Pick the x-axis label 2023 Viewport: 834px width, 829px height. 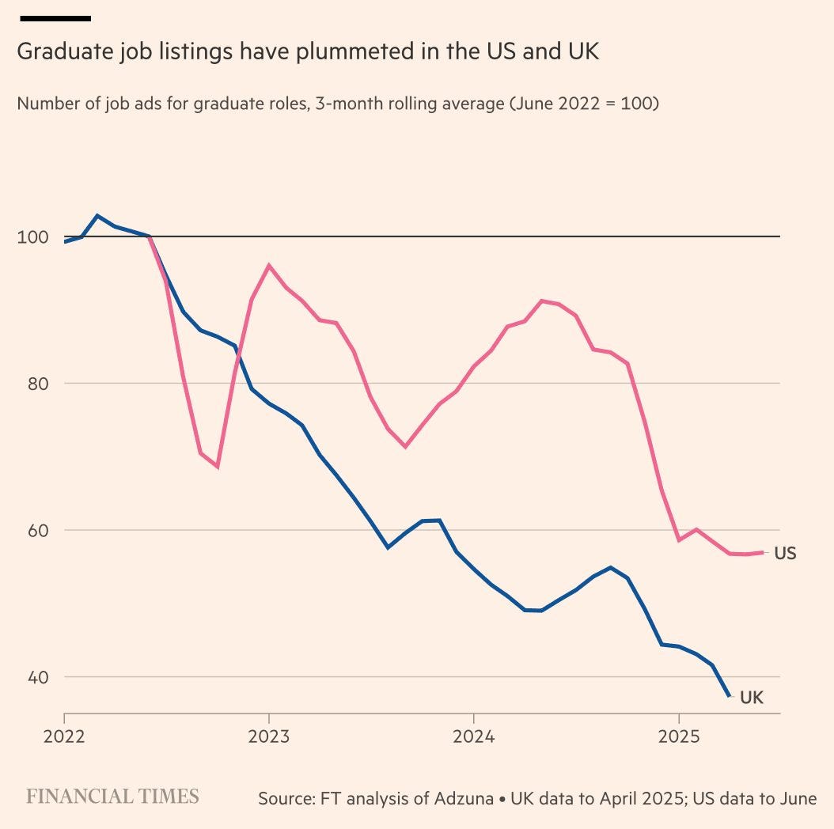pyautogui.click(x=269, y=736)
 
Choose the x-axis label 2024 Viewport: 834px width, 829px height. pyautogui.click(x=473, y=736)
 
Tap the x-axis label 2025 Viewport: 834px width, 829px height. pyautogui.click(x=677, y=736)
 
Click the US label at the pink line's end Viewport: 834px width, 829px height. pyautogui.click(x=784, y=554)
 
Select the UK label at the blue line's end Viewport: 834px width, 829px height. pyautogui.click(x=751, y=698)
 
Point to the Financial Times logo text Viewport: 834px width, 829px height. pyautogui.click(x=112, y=796)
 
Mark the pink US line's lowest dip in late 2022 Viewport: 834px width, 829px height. pyautogui.click(x=217, y=467)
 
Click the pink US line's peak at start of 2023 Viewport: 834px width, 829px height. pyautogui.click(x=269, y=265)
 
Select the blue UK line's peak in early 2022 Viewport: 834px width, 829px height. pyautogui.click(x=97, y=215)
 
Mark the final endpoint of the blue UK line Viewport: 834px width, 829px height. pyautogui.click(x=729, y=695)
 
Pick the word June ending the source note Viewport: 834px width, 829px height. pyautogui.click(x=797, y=799)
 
